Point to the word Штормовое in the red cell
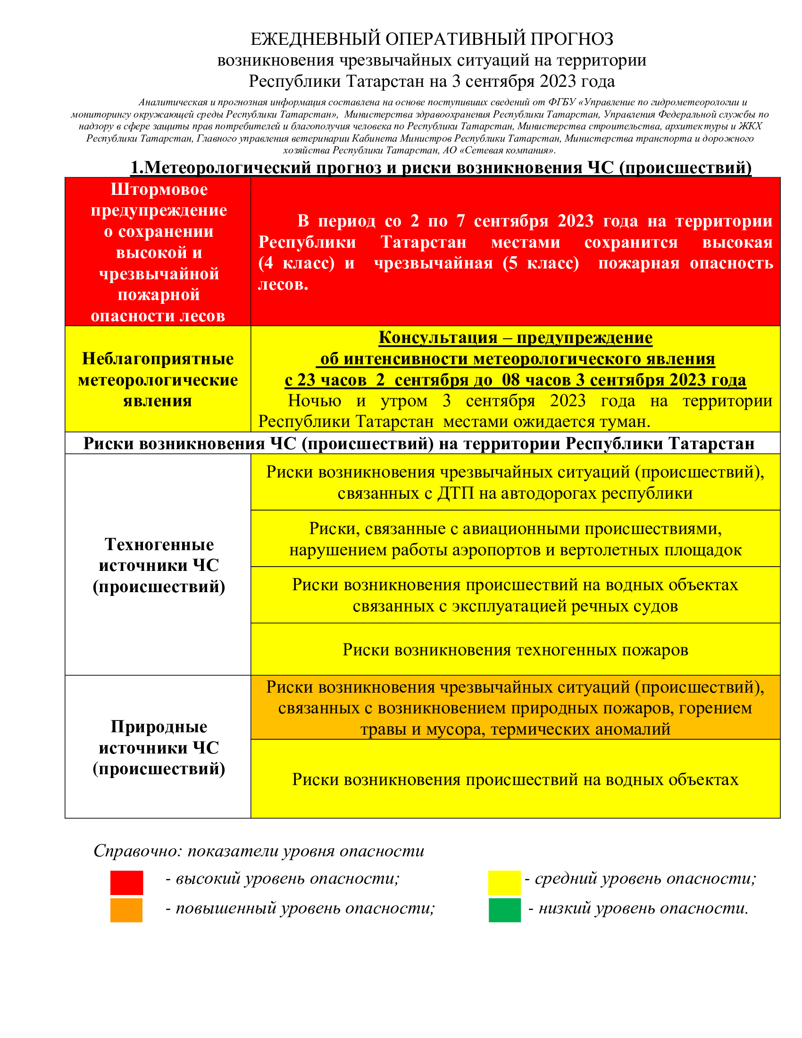point(159,189)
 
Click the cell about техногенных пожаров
point(515,649)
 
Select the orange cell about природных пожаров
point(515,708)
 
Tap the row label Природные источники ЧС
point(159,748)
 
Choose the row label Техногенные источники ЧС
point(159,565)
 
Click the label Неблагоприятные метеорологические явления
point(158,380)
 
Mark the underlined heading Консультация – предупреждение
point(515,337)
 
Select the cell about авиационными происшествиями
point(515,539)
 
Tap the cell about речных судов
point(515,595)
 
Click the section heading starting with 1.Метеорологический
point(441,167)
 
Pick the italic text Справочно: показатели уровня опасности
point(259,851)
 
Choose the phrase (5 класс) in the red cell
point(541,263)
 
